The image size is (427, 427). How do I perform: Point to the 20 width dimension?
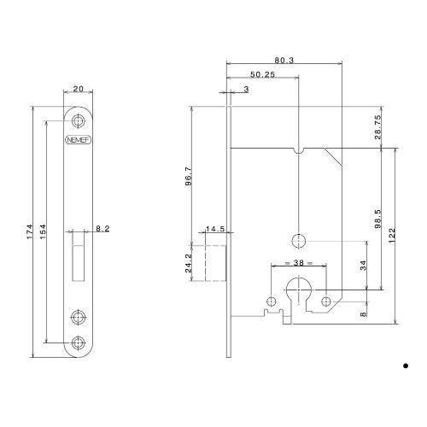pos(78,87)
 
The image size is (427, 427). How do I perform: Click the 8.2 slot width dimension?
pos(102,229)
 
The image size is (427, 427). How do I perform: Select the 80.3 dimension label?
pos(284,61)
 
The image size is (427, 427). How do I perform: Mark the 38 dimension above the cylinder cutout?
pos(298,263)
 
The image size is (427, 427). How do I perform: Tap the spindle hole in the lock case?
pos(298,238)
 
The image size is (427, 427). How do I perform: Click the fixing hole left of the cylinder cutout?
pos(272,301)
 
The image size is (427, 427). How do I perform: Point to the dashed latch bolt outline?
pos(214,261)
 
